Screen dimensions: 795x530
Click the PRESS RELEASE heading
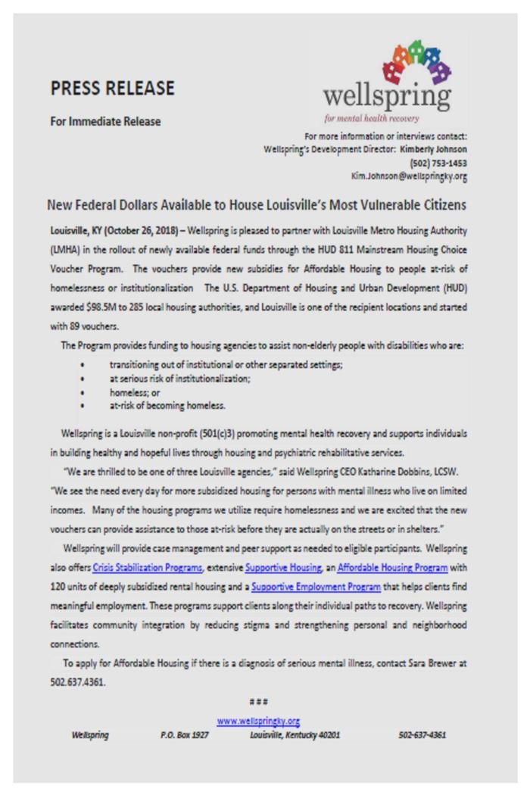[112, 89]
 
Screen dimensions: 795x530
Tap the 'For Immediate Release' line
[105, 121]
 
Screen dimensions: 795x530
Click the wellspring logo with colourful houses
[386, 81]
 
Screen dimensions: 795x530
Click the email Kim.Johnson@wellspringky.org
[408, 176]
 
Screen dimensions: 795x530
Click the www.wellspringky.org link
[259, 721]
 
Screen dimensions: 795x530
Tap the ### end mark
[259, 702]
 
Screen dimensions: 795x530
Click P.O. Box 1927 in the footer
[184, 734]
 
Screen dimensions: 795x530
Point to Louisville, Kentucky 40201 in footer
[295, 734]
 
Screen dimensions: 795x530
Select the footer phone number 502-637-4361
[422, 734]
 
